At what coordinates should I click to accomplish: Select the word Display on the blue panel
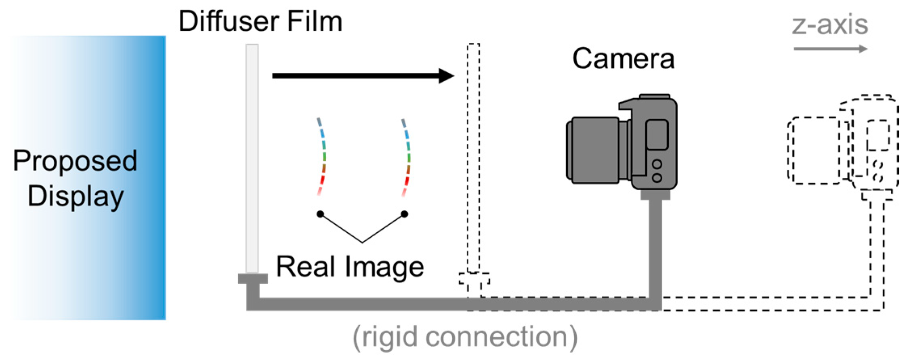pyautogui.click(x=76, y=197)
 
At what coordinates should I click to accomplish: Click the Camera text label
pyautogui.click(x=623, y=59)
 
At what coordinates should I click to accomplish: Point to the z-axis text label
pyautogui.click(x=829, y=25)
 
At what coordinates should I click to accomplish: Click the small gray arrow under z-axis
pyautogui.click(x=830, y=49)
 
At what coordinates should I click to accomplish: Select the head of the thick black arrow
pyautogui.click(x=446, y=76)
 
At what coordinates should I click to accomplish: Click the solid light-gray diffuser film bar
pyautogui.click(x=252, y=158)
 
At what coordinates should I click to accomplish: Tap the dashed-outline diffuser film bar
pyautogui.click(x=473, y=158)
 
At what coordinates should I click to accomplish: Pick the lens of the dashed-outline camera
pyautogui.click(x=814, y=150)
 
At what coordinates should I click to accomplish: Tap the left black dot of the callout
pyautogui.click(x=320, y=214)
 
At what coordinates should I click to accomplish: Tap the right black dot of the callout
pyautogui.click(x=404, y=214)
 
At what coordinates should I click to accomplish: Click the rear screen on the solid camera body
pyautogui.click(x=657, y=135)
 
